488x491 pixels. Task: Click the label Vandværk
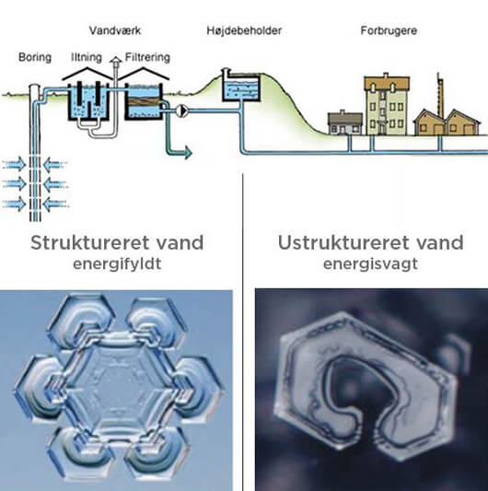(115, 30)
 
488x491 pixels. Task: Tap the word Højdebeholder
(244, 30)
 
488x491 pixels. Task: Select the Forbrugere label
(389, 30)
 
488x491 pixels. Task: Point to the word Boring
(35, 58)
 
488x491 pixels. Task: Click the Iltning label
(87, 58)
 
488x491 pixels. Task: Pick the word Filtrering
(147, 58)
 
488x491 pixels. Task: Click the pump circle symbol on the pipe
(182, 111)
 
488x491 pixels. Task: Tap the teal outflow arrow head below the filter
(188, 153)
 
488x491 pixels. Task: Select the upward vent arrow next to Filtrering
(116, 60)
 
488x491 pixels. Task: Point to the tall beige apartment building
(387, 104)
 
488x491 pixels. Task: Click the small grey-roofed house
(345, 123)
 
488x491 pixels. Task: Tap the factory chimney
(440, 95)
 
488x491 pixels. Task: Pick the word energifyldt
(117, 264)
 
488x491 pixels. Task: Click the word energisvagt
(370, 264)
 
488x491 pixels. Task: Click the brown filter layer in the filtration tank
(144, 101)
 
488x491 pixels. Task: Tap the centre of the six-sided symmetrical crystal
(118, 385)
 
